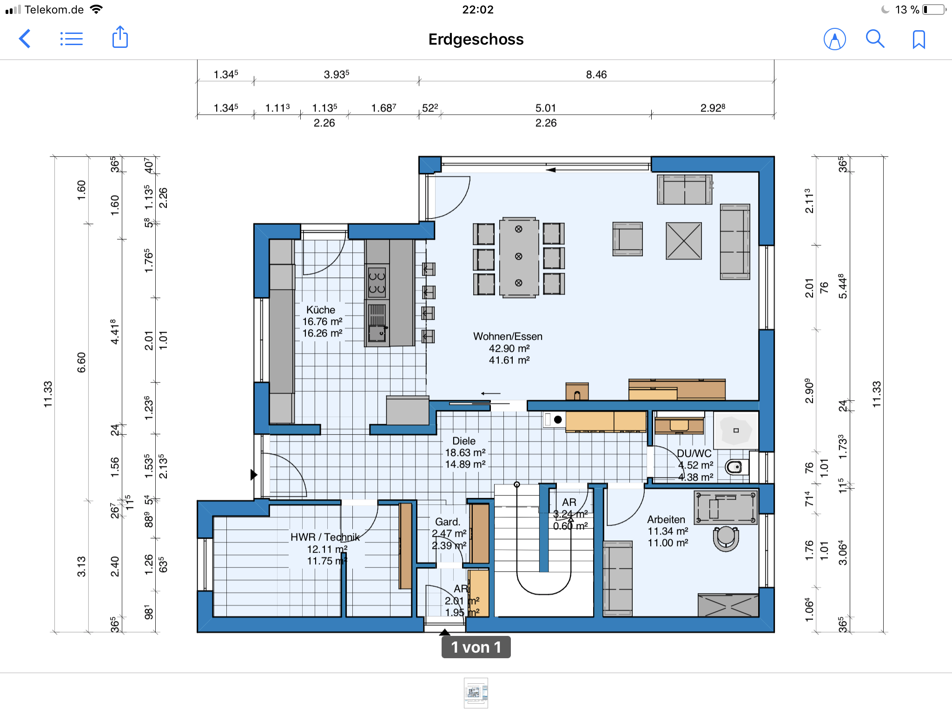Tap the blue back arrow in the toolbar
coord(25,39)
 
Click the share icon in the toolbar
coord(120,37)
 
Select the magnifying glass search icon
coord(875,39)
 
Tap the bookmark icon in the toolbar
coord(919,40)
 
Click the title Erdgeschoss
coord(476,39)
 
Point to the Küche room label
coord(321,310)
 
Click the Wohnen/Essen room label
coord(508,336)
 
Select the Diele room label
coord(464,441)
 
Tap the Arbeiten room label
coord(666,519)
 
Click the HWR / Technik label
coord(325,537)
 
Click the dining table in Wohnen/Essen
coord(519,257)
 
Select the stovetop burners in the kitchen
coord(377,282)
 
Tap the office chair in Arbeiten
coord(726,538)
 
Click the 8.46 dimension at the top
coord(596,74)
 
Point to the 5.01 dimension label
coord(546,108)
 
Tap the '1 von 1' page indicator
coord(476,647)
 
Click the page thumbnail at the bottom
coord(476,693)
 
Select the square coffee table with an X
coord(684,241)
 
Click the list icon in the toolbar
coord(72,39)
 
